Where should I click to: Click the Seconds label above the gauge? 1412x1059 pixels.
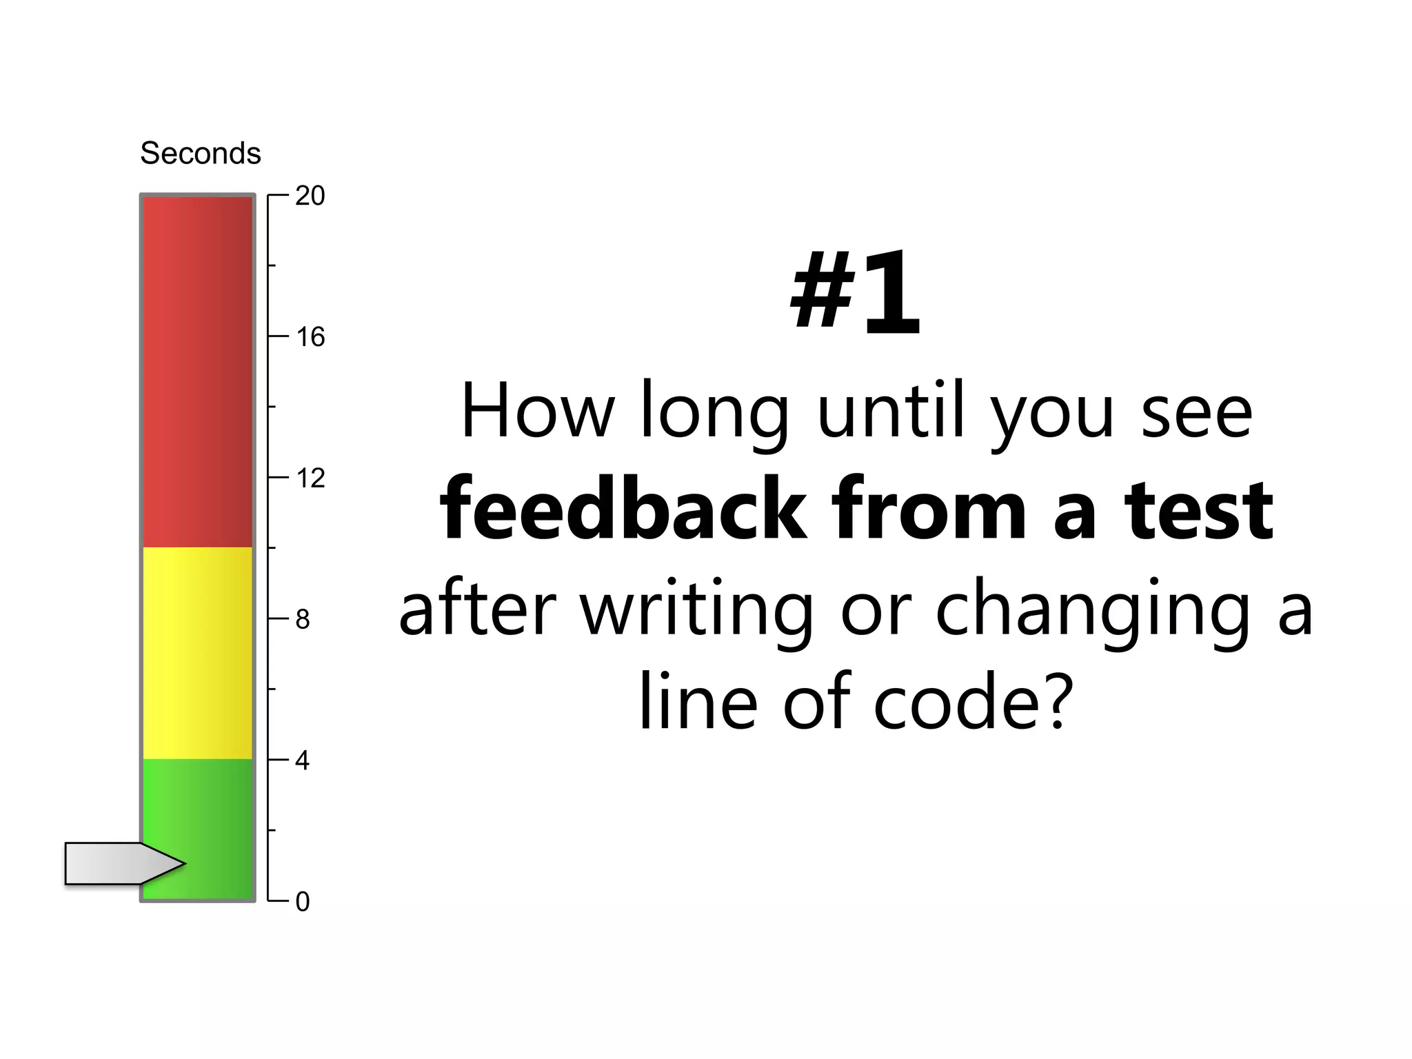tap(201, 153)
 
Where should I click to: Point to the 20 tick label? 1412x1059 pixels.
tap(310, 196)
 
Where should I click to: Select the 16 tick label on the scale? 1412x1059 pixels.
tap(310, 337)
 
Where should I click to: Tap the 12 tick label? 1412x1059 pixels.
tap(310, 478)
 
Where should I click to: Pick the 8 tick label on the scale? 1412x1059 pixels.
tap(303, 620)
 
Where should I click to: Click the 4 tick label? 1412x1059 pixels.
tap(303, 761)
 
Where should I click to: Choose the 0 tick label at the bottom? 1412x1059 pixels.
tap(303, 902)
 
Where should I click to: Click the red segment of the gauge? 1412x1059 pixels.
tap(198, 372)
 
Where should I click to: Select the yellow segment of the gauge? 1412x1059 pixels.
tap(198, 653)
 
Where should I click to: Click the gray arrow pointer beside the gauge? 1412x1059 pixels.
tap(117, 863)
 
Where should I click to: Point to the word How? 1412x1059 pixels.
tap(536, 412)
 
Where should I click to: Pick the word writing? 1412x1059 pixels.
tap(696, 610)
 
